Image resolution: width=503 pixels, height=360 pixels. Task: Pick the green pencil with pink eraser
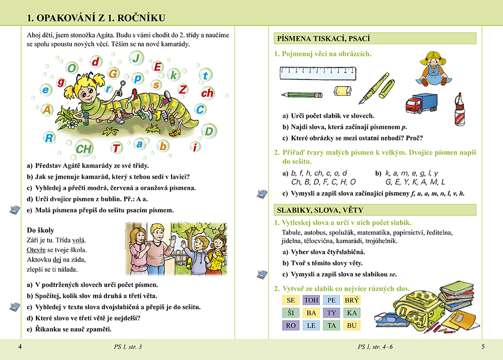point(302,94)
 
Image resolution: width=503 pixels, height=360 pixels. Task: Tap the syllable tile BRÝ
point(352,301)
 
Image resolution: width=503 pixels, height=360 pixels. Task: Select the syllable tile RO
point(290,325)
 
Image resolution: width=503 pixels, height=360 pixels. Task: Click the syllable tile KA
point(352,313)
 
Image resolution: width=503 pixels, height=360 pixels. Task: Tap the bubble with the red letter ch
point(207,93)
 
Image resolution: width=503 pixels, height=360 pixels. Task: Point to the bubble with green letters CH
point(83,149)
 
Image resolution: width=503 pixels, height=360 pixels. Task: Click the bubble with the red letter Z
point(183,90)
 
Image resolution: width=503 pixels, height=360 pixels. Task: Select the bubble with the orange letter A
point(47,109)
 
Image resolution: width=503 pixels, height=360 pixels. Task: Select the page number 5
point(483,346)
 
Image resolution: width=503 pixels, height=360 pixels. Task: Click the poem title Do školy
point(40,230)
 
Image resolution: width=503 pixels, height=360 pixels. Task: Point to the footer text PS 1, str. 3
point(128,346)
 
